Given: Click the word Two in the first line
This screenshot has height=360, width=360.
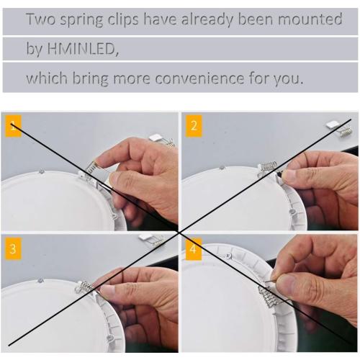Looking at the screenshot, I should point(41,19).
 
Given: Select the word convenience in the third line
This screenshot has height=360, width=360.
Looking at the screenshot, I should point(207,77).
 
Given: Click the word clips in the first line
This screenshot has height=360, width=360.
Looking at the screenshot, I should point(132,19).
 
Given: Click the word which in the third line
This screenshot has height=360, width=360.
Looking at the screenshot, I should point(45,77).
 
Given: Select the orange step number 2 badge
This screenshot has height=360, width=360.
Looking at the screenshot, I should point(193,128).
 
